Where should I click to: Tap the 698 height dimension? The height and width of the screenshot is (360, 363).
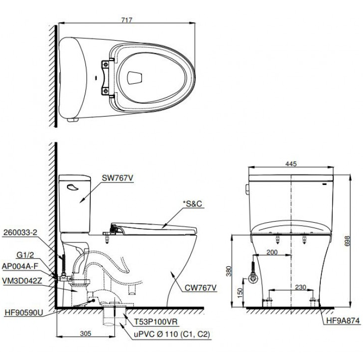click(353, 241)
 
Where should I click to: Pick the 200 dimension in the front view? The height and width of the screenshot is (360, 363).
click(271, 252)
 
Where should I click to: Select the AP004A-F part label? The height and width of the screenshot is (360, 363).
click(22, 267)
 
